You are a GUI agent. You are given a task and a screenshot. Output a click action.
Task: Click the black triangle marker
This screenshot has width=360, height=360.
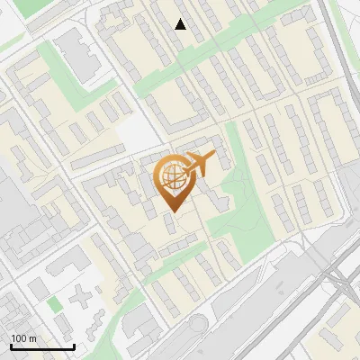coord(181,24)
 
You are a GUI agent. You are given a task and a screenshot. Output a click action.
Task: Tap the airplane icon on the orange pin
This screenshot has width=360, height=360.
coord(200,164)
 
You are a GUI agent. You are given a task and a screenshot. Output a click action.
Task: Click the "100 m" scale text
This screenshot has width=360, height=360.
coord(23,338)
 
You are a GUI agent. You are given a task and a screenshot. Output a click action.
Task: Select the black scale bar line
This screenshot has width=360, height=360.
coord(41,346)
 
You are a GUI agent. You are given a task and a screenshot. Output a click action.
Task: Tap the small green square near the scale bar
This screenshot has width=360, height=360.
coord(55,305)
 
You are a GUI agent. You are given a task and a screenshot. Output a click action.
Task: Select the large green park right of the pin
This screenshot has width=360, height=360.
coord(238,202)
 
